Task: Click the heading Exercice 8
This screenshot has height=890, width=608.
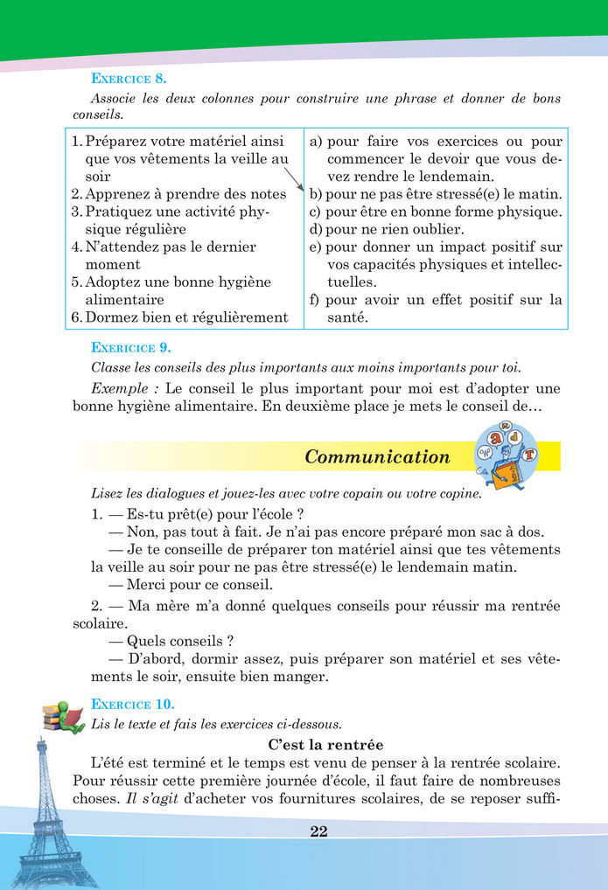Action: coord(123,78)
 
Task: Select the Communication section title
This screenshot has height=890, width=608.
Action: coord(377,456)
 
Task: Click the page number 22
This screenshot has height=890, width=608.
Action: coord(318,831)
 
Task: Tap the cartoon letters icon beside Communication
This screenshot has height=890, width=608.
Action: coord(506,455)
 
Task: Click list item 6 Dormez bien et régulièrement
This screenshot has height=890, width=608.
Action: coord(179,317)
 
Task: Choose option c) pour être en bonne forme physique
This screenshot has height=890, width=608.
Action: coord(435,212)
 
